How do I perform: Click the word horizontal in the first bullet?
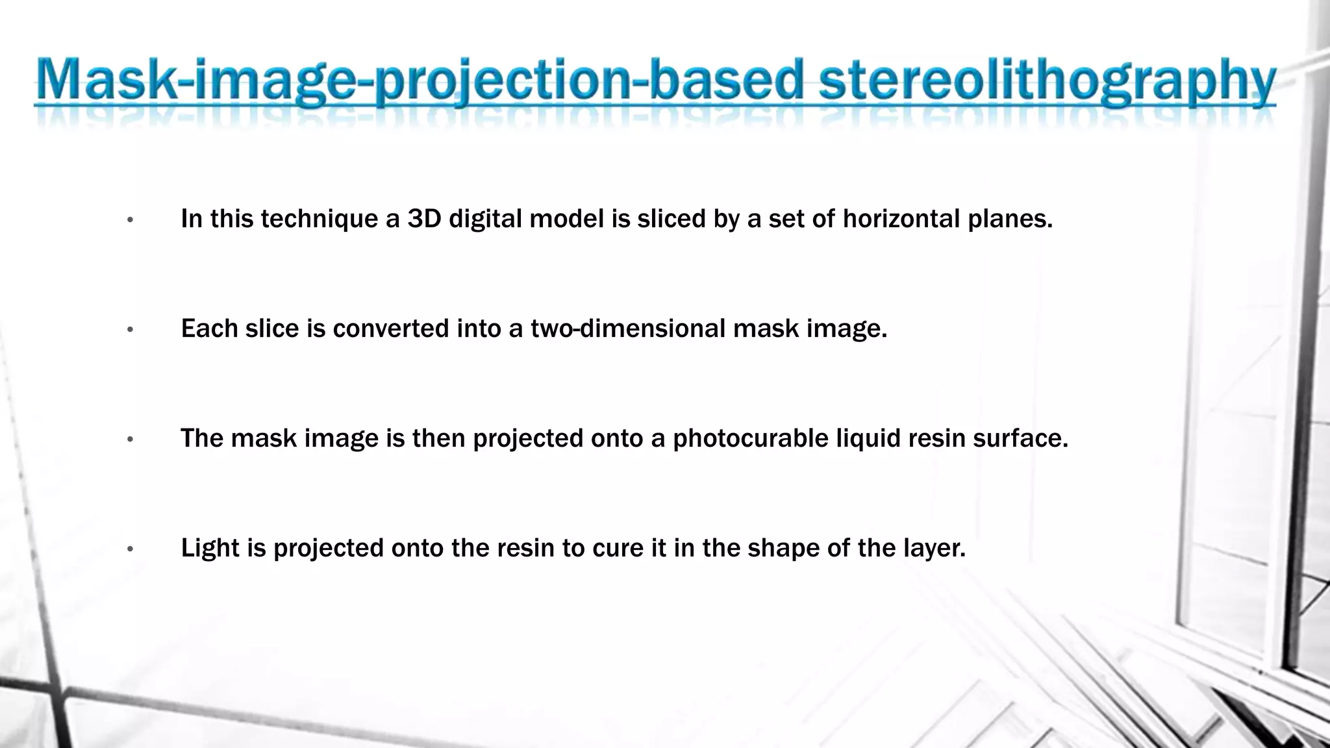(x=901, y=219)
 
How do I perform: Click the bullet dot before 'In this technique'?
(x=131, y=221)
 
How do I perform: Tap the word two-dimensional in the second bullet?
(x=627, y=329)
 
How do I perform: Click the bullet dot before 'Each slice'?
(x=131, y=330)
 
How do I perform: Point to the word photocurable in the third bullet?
(x=750, y=439)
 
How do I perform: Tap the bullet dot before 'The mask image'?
(x=131, y=440)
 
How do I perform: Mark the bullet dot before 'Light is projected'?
(x=131, y=550)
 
